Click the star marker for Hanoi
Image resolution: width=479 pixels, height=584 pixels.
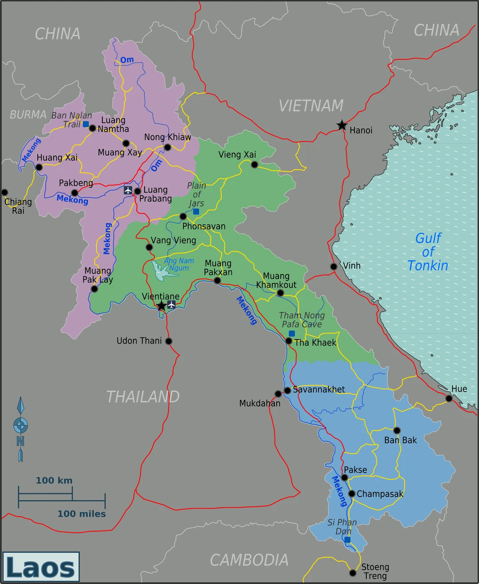tap(342, 125)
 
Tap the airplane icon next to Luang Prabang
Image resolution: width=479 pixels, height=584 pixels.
tap(128, 190)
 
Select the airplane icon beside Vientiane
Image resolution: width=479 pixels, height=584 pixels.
tap(172, 304)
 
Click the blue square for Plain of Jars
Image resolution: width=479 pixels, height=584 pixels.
tap(196, 212)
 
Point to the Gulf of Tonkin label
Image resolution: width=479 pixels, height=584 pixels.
tap(428, 251)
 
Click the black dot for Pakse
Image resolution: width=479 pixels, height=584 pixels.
tap(345, 478)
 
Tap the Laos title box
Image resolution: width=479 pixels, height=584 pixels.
tap(41, 567)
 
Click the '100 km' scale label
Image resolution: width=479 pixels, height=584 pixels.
tap(54, 480)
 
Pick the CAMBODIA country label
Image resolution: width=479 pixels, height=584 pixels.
tap(249, 560)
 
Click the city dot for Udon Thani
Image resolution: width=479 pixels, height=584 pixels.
tap(169, 341)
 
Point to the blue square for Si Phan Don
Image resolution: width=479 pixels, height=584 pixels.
tap(347, 540)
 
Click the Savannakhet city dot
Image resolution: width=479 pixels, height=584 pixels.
tap(287, 390)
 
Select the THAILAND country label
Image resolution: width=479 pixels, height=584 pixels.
tap(143, 396)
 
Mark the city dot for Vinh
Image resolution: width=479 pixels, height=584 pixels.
tap(334, 267)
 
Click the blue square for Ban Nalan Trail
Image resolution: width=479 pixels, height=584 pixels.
tap(86, 124)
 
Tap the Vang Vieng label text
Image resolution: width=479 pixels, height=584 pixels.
tap(173, 240)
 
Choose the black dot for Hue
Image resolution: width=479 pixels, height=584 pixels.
tap(449, 398)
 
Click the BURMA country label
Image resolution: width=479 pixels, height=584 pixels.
tap(28, 115)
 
